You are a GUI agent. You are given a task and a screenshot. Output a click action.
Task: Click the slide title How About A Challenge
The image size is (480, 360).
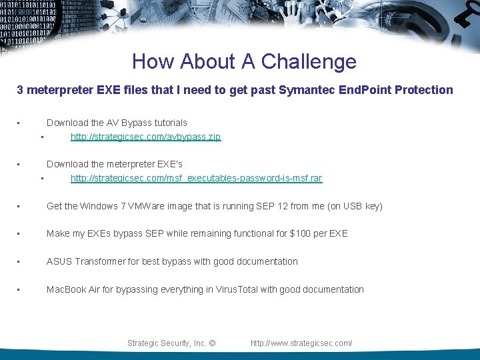(244, 61)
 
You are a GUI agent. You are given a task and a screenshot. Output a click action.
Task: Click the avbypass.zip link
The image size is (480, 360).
(145, 137)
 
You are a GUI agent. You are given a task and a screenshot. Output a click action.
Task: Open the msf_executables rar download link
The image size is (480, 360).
(196, 178)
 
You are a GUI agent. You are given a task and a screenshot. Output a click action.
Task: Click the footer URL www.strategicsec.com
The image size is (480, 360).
(301, 343)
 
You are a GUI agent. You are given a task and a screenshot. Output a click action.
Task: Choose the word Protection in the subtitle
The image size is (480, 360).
(424, 90)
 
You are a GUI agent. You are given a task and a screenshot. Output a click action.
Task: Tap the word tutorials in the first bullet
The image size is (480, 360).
(171, 123)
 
